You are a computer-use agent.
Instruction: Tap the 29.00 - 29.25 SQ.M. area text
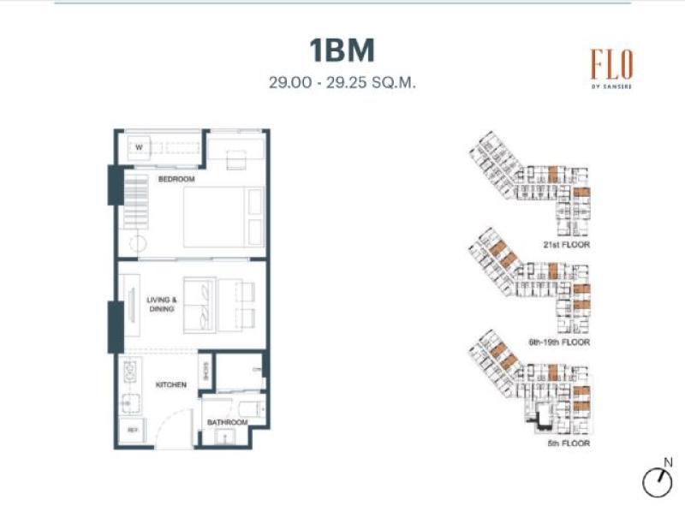pyautogui.click(x=342, y=84)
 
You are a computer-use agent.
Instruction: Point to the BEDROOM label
pyautogui.click(x=176, y=179)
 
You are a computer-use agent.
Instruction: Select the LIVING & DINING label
pyautogui.click(x=161, y=304)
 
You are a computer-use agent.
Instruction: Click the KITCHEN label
pyautogui.click(x=170, y=385)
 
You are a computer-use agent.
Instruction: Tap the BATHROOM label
pyautogui.click(x=227, y=422)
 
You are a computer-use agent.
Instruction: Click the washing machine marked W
pyautogui.click(x=138, y=148)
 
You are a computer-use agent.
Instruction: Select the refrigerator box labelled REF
pyautogui.click(x=133, y=429)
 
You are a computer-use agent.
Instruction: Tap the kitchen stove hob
pyautogui.click(x=132, y=372)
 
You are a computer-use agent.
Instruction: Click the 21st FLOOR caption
pyautogui.click(x=567, y=245)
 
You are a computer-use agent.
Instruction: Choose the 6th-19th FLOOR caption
pyautogui.click(x=559, y=342)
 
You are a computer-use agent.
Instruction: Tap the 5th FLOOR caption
pyautogui.click(x=569, y=443)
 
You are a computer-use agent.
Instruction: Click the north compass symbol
pyautogui.click(x=657, y=480)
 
